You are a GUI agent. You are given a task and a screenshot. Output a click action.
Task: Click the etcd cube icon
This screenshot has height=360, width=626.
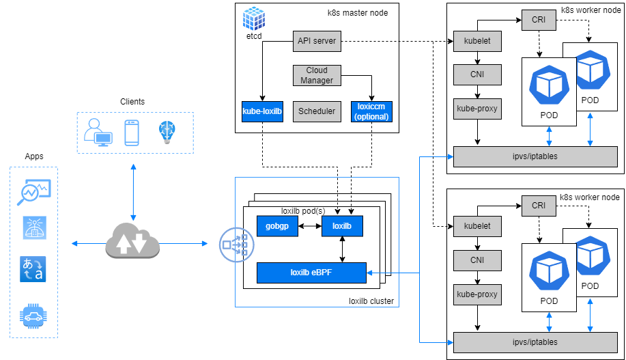pos(254,18)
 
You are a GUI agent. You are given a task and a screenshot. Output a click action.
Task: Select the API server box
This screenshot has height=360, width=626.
pos(317,41)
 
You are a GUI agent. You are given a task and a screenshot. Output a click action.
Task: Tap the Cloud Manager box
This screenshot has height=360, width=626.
pos(317,75)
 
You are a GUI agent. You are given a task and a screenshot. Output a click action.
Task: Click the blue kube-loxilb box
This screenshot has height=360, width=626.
pos(262,111)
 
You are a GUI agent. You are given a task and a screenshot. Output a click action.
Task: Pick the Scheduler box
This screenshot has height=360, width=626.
pos(317,111)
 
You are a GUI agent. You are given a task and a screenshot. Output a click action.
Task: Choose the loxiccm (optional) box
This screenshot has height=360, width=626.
pos(371,111)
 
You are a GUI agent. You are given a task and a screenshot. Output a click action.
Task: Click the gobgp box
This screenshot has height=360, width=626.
pos(277,227)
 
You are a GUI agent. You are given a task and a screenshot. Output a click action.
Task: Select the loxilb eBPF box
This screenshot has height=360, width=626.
pos(311,273)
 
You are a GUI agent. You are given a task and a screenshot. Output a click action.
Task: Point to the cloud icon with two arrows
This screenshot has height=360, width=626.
pos(132,243)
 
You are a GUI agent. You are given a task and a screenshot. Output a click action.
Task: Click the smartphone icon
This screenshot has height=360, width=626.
pos(132,133)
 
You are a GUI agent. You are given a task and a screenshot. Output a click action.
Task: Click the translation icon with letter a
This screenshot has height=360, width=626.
pos(33,268)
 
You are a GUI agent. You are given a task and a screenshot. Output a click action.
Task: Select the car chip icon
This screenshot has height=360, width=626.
pos(33,314)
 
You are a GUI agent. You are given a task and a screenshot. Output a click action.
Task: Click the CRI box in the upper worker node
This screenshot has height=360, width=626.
pos(539,19)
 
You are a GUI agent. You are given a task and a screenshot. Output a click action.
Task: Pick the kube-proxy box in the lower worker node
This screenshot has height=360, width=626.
pos(476,295)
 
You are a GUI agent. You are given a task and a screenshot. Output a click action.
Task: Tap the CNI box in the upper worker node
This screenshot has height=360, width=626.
pos(476,74)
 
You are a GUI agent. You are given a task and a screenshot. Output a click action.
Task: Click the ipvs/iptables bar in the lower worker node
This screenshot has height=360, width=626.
pos(535,342)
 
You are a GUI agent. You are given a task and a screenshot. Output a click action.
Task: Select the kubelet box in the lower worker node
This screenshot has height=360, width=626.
pos(476,225)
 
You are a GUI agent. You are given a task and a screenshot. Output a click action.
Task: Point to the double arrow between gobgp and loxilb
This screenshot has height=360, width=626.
pos(310,227)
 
